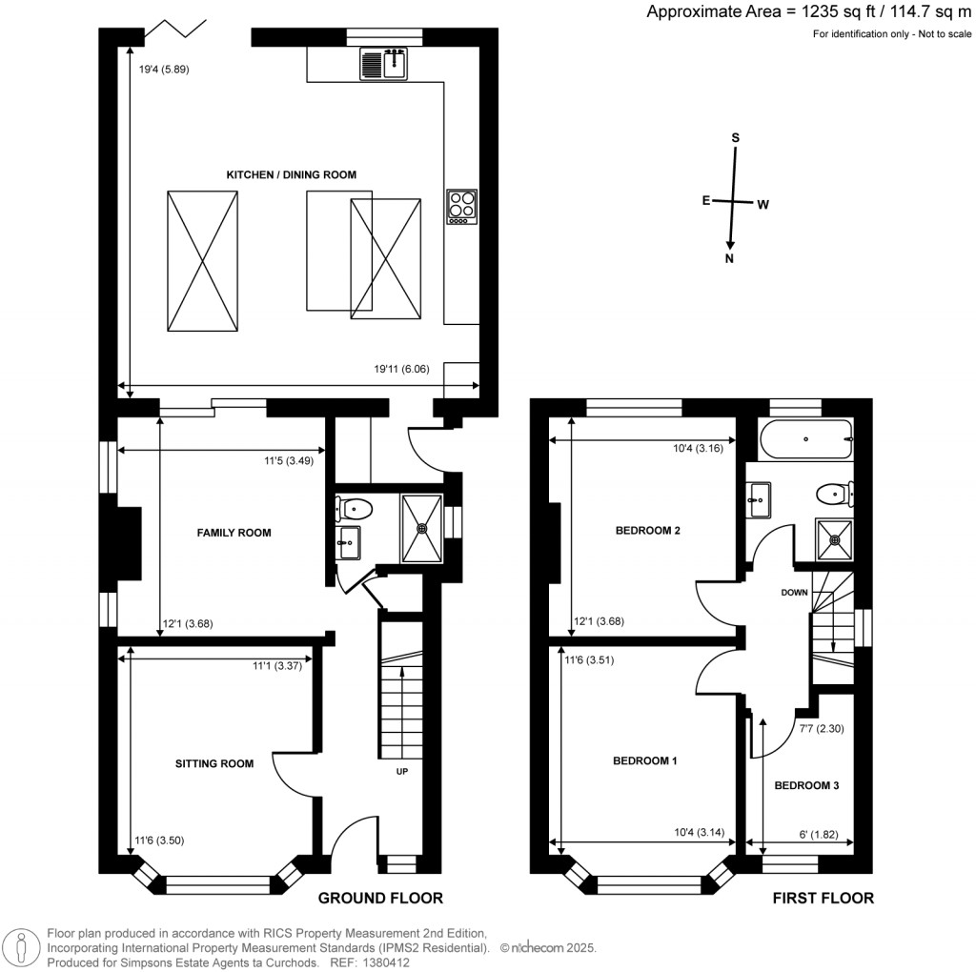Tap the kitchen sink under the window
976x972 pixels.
coord(384,64)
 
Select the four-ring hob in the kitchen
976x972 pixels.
coord(462,206)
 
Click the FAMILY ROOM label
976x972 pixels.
coord(234,533)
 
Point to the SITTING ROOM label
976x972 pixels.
coord(214,763)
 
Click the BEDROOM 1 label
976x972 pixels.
coord(644,761)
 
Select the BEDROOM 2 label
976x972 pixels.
coord(647,531)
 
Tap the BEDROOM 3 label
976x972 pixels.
coord(806,786)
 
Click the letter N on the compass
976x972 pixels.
coord(730,258)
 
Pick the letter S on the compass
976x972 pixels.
coord(735,137)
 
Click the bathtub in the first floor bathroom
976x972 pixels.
coord(805,439)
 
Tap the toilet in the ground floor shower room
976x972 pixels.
coord(356,509)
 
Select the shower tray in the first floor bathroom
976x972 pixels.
coord(836,540)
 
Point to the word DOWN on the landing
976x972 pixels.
coord(794,592)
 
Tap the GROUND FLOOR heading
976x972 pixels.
coord(380,898)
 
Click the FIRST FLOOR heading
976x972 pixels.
coord(823,898)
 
